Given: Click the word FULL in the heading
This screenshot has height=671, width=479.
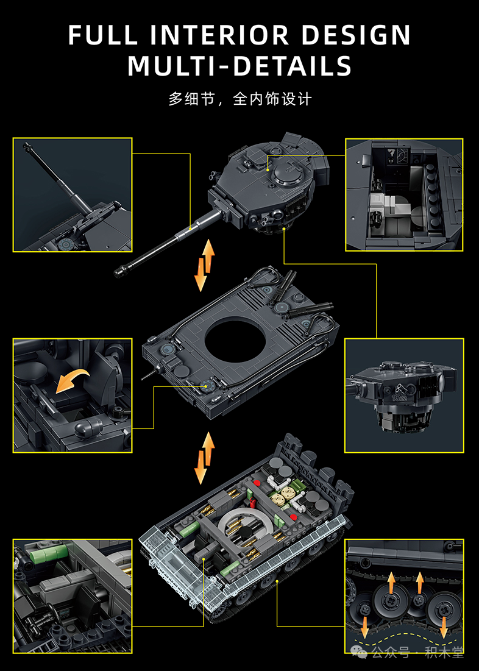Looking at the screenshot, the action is [103, 35].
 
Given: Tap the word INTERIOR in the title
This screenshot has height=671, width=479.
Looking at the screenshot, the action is [219, 35].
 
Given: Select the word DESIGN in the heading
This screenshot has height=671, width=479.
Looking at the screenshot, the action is [356, 35].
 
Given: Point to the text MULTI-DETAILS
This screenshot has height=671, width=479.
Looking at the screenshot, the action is [239, 65].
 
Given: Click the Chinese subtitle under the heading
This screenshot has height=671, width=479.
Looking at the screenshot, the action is [239, 99].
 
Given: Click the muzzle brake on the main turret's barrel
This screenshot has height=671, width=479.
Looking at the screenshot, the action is [121, 271].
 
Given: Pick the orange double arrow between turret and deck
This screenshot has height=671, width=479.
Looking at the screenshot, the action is [205, 265].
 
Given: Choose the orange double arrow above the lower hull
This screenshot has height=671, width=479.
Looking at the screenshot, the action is [205, 458].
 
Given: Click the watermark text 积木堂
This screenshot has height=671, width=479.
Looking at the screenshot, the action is [444, 653].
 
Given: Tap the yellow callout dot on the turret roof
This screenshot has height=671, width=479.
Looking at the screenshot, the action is [268, 170].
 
